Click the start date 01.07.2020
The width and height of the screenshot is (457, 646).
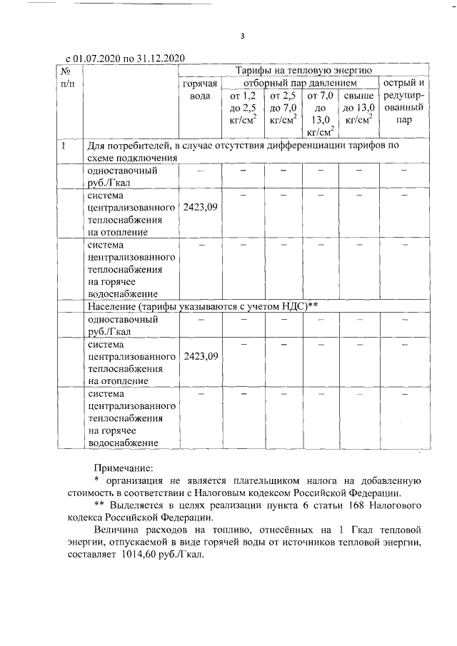coord(98,59)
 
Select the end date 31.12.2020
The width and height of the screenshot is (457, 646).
coord(161,59)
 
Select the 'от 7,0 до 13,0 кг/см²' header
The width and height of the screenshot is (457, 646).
coord(321,113)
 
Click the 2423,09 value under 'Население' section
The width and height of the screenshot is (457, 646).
coord(201,355)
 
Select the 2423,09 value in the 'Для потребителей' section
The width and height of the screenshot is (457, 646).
coord(201,207)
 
